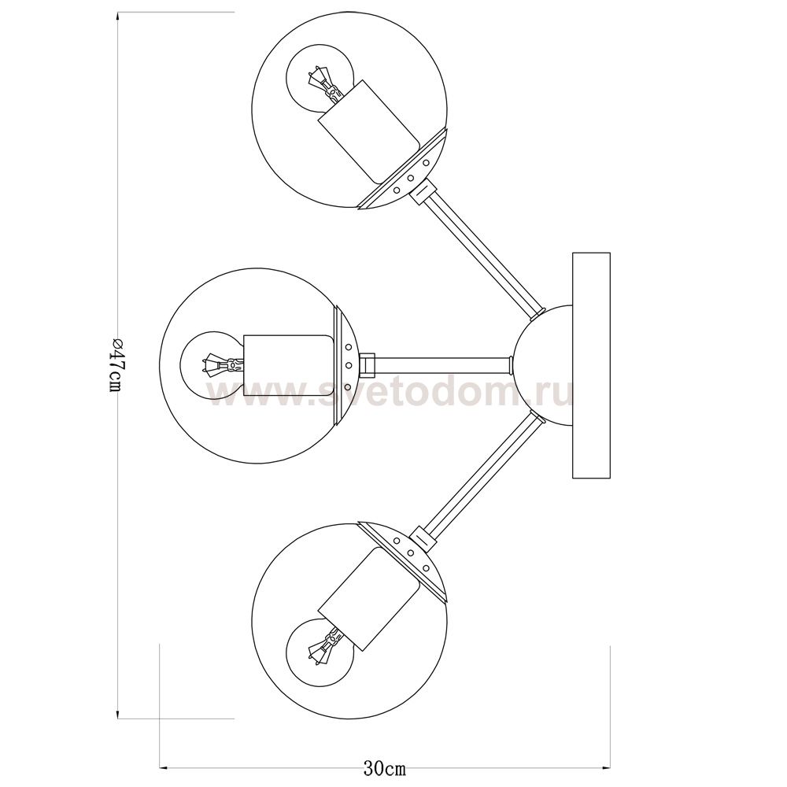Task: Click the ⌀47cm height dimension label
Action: [116, 364]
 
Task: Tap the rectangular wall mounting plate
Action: [591, 365]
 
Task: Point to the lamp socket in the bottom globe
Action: [368, 597]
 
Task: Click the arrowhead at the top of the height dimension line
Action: [118, 17]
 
